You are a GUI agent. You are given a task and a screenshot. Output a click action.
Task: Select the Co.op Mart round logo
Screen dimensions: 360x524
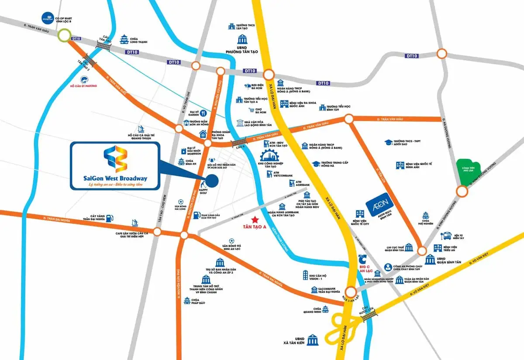(x=47, y=18)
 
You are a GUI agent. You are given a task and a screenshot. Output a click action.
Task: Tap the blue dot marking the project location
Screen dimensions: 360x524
(x=212, y=180)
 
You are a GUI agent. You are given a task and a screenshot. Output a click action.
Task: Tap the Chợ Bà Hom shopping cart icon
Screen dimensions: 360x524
(x=252, y=110)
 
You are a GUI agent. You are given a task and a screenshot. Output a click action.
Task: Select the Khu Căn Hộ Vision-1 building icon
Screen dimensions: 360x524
(x=305, y=275)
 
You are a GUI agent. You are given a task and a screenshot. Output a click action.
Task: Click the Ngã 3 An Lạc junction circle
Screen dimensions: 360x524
(x=351, y=292)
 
